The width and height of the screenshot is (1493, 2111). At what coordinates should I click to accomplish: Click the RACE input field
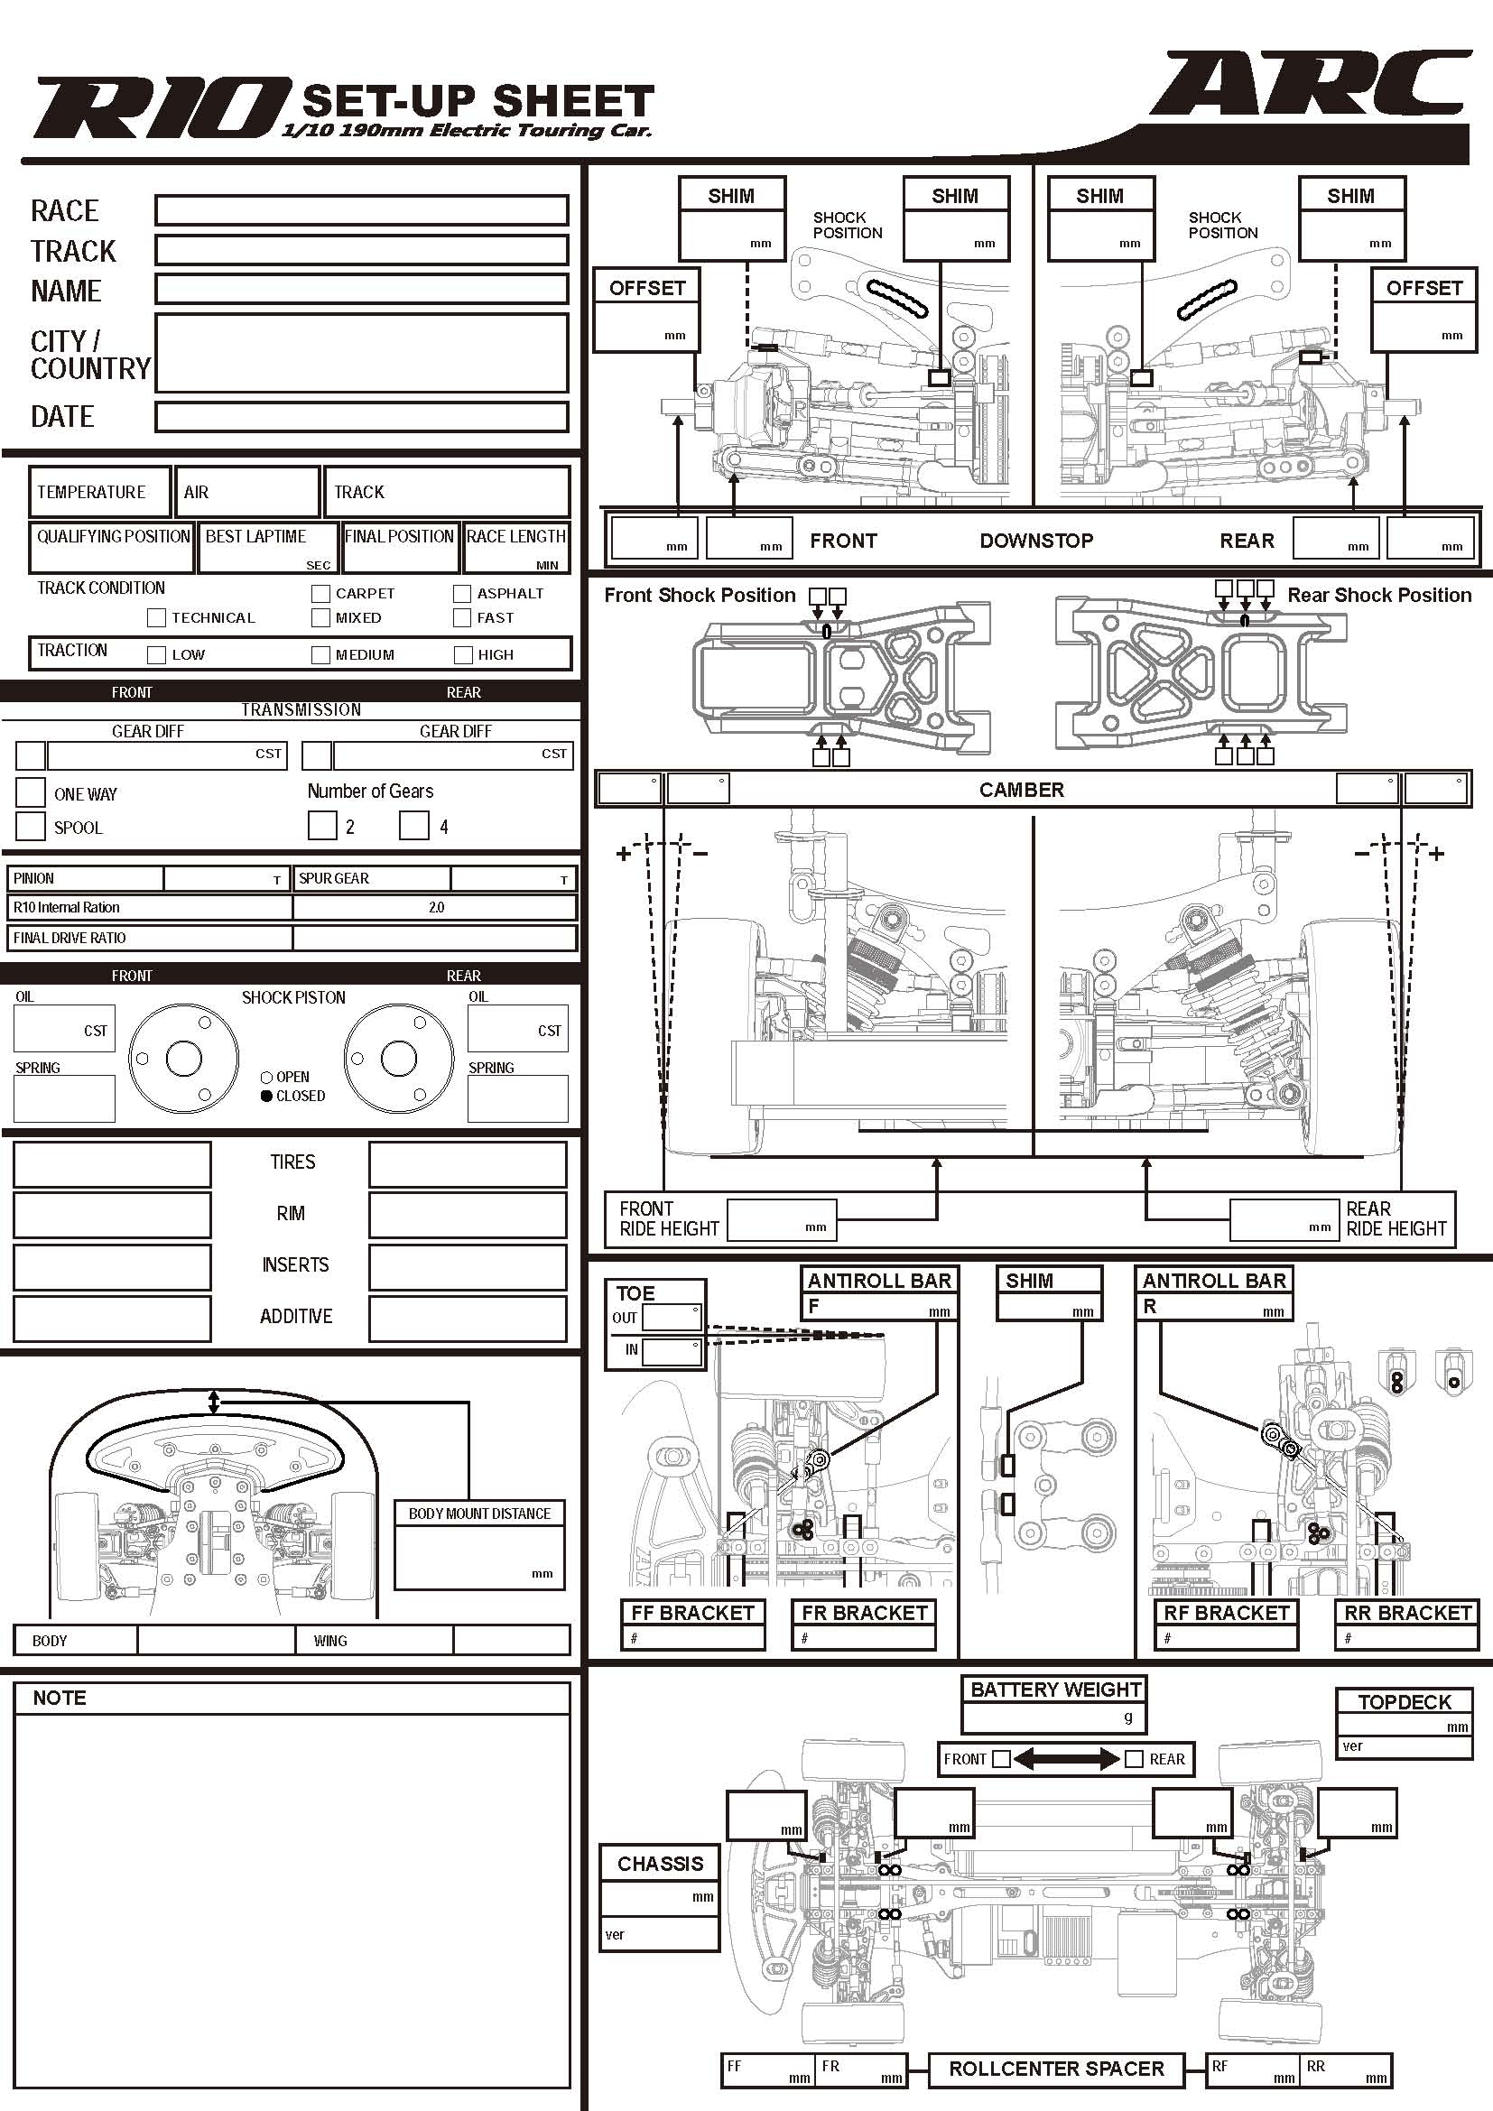coord(361,209)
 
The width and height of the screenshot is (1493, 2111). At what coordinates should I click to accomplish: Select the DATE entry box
coord(361,416)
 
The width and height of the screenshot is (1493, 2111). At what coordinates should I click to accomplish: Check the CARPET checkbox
coord(320,593)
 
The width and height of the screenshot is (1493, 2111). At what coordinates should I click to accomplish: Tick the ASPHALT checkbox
coord(461,593)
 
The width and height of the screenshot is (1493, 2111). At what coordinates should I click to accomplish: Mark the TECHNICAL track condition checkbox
coord(156,618)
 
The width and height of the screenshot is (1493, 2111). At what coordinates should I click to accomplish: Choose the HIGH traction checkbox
coord(462,654)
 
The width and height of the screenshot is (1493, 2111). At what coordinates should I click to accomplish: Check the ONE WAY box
coord(31,792)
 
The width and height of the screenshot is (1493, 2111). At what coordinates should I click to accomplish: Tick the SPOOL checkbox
coord(31,826)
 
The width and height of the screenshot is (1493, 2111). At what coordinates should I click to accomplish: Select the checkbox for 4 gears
coord(413,825)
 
